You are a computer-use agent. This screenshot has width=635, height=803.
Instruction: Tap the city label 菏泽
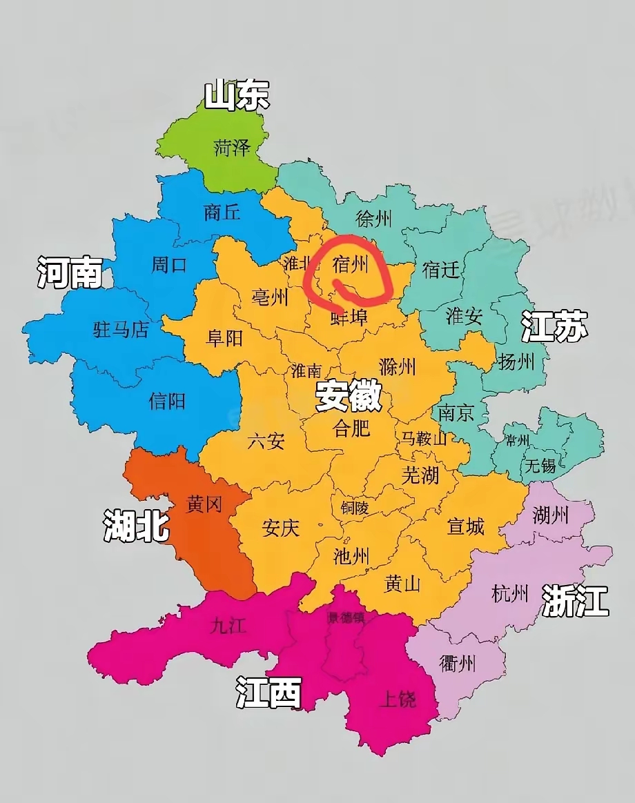point(231,148)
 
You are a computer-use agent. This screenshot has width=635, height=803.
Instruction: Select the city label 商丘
point(222,212)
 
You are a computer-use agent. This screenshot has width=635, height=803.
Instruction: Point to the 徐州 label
point(373,219)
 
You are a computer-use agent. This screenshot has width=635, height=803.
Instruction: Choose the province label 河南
point(69,273)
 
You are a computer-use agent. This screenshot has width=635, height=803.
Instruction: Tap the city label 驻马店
point(121,330)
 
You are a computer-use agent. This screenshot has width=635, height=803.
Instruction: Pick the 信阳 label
point(167,401)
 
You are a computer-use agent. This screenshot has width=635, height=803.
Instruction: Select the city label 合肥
point(351,428)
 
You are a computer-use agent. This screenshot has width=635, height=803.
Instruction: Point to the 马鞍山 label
point(424,438)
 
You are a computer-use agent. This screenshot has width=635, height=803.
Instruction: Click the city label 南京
point(456,413)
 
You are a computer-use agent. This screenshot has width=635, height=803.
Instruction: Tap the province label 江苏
point(554,326)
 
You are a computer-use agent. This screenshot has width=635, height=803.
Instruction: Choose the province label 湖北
point(136,526)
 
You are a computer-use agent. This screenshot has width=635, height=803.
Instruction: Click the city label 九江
point(228,626)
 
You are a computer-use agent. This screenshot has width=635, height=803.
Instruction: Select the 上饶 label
point(398,701)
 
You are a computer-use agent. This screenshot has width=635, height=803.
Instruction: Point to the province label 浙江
point(575,600)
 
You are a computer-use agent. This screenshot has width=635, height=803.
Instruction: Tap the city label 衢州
point(458,664)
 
